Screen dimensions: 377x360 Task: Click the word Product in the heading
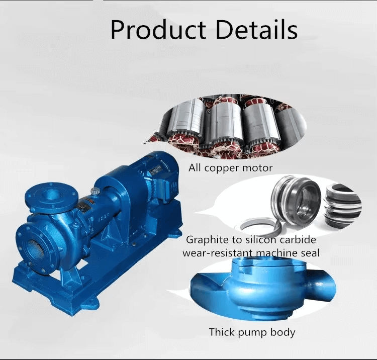pos(158,30)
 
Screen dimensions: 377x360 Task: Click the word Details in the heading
pos(257,30)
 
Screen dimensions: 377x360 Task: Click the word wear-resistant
pos(217,253)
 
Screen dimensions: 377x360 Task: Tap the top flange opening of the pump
pos(51,194)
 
